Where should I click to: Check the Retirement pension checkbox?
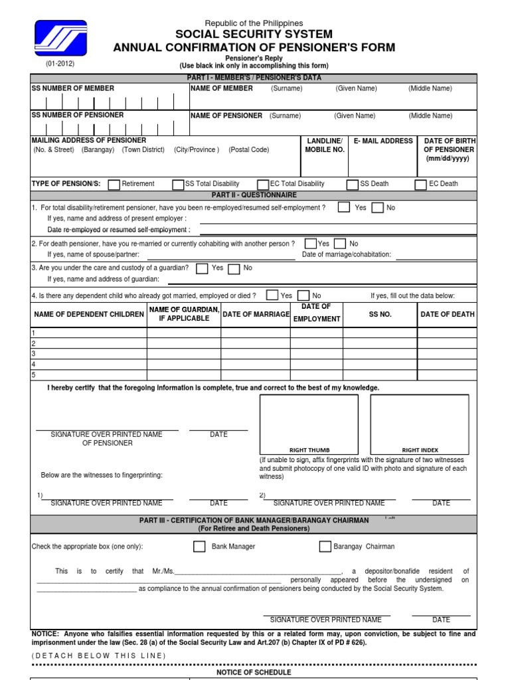point(114,185)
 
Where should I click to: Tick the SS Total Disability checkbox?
point(178,185)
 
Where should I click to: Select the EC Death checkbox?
point(420,185)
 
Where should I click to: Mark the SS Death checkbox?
point(353,185)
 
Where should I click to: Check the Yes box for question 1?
point(344,208)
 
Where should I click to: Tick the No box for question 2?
point(340,244)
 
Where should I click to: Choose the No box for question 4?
point(303,296)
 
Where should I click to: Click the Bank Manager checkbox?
point(199,547)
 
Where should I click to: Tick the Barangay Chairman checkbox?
point(325,547)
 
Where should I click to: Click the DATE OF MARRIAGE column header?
point(256,314)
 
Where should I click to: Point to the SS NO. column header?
point(381,314)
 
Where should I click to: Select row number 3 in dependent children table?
point(34,354)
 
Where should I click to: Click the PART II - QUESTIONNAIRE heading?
point(254,195)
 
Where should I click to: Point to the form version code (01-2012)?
point(60,64)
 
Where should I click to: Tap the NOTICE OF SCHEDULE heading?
point(254,672)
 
